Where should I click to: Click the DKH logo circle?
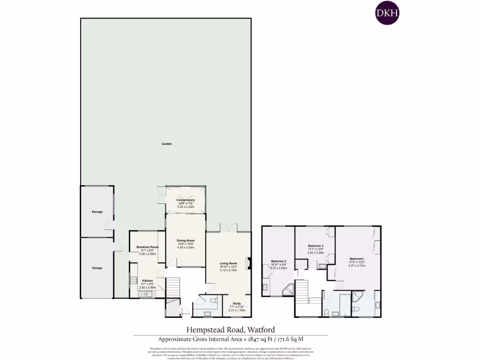(387, 14)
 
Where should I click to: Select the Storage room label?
(97, 212)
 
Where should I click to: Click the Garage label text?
(97, 268)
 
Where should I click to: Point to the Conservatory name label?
(186, 200)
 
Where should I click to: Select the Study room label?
(236, 303)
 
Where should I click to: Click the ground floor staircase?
(173, 286)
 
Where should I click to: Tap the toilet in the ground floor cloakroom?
(214, 300)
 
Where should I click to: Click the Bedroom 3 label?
(315, 246)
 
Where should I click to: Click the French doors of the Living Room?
(229, 231)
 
